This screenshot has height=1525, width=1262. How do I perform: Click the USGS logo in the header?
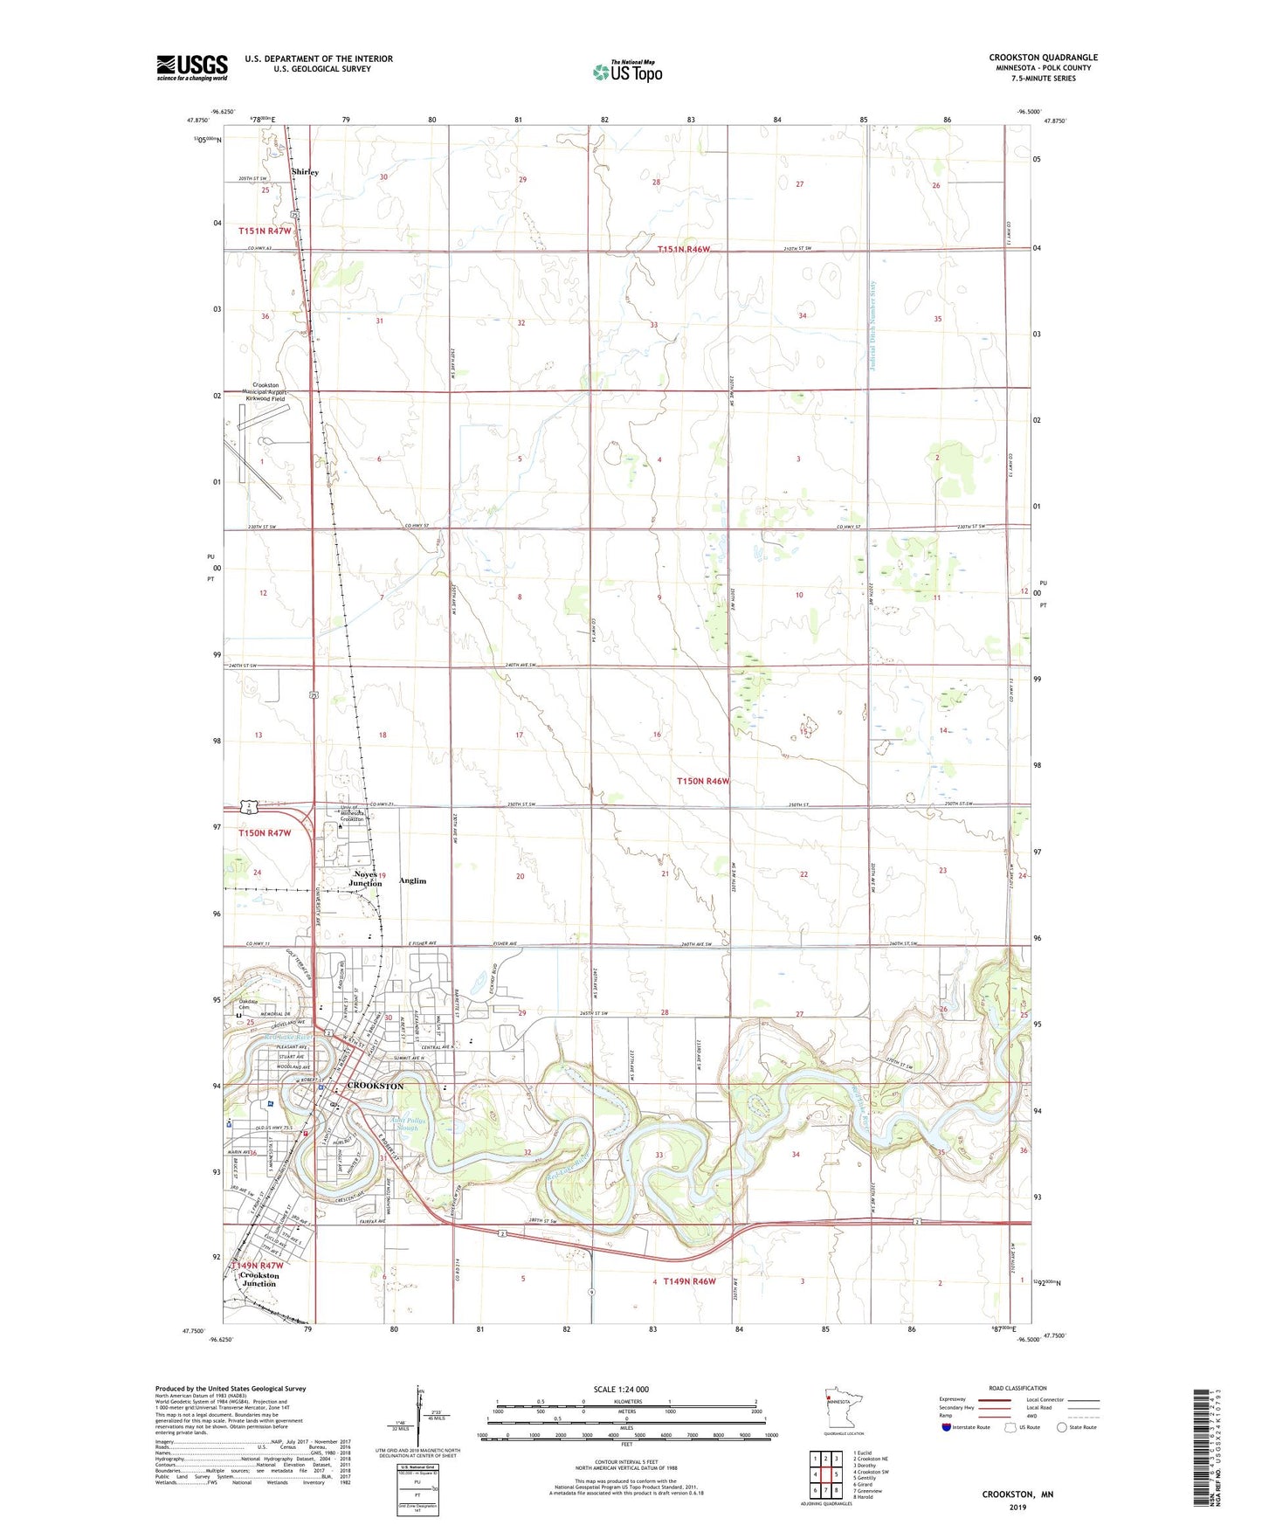[x=192, y=67]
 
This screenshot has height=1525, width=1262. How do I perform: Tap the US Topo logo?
[x=627, y=71]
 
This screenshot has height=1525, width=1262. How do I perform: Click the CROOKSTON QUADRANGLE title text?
[x=1043, y=58]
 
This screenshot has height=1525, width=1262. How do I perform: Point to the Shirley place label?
[x=305, y=172]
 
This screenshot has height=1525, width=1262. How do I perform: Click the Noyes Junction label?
[x=365, y=879]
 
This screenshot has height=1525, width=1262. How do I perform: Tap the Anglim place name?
[x=412, y=880]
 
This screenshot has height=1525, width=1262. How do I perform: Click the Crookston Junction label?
[x=259, y=1279]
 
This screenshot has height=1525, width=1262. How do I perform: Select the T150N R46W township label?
[x=702, y=781]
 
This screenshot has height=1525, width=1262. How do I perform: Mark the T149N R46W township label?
[x=689, y=1281]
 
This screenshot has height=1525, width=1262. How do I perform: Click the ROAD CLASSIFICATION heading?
[x=1017, y=1388]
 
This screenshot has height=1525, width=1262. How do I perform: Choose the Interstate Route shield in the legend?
[x=948, y=1427]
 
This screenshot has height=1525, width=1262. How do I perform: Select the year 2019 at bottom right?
[x=1017, y=1507]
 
